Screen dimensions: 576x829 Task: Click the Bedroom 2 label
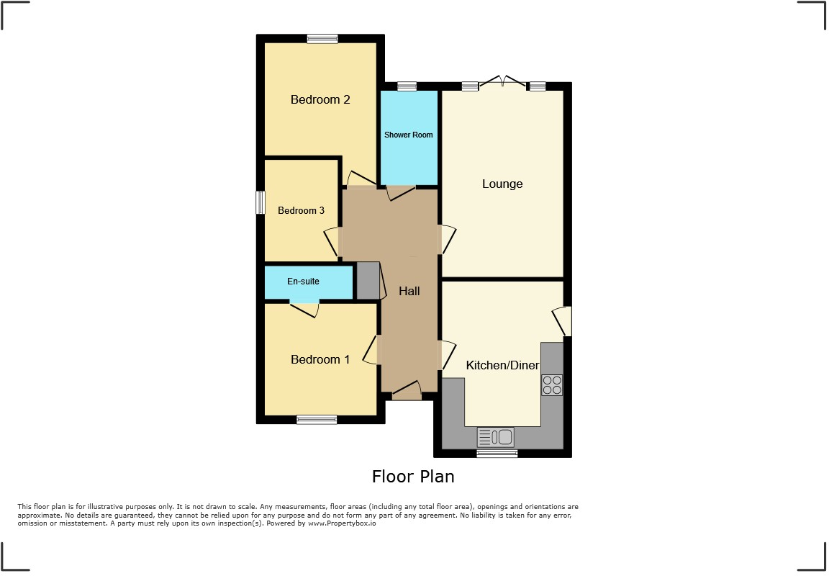coord(320,99)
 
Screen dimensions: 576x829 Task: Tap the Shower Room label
coord(408,135)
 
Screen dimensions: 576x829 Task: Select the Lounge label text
coord(502,184)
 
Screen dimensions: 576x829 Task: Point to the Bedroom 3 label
coord(301,210)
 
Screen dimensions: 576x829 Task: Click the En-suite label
coord(303,281)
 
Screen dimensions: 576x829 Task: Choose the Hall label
coord(409,291)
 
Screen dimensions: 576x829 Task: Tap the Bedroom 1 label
coord(320,359)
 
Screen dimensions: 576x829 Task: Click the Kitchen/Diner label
coord(502,365)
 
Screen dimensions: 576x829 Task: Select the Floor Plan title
coord(413,476)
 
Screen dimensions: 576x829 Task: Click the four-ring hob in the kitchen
coord(552,385)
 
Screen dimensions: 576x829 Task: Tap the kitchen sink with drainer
coord(495,436)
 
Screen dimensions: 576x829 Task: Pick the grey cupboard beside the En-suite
coord(368,281)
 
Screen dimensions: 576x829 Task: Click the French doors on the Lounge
coord(504,82)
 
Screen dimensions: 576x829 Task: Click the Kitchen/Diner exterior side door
coord(563,321)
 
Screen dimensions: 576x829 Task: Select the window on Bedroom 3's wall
coord(261,202)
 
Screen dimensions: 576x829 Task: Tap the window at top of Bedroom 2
coord(322,39)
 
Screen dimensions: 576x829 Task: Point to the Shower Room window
coord(407,86)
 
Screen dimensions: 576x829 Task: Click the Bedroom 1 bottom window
coord(317,419)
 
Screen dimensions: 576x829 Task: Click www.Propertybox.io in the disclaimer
coord(342,523)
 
